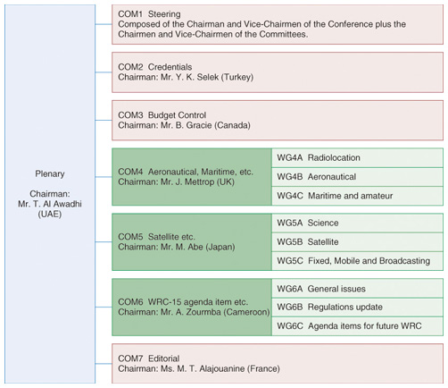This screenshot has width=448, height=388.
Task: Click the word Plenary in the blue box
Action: tap(50, 174)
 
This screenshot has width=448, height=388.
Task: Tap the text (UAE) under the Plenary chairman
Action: tap(50, 215)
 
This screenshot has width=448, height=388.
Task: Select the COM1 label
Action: tap(130, 14)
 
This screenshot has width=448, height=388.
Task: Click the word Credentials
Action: tap(170, 67)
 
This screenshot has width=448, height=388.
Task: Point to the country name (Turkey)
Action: tap(237, 77)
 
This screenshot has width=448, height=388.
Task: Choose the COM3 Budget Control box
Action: tap(278, 121)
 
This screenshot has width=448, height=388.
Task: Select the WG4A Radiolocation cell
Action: tap(357, 158)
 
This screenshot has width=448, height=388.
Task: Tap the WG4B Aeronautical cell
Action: tap(357, 177)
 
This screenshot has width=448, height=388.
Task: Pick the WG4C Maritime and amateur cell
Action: tap(357, 196)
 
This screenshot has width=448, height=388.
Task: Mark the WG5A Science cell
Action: tap(357, 223)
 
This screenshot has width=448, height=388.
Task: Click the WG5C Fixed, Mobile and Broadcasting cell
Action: tap(357, 261)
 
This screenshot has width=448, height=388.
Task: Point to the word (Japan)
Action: tap(220, 247)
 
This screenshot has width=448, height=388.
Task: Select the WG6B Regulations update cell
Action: tap(357, 308)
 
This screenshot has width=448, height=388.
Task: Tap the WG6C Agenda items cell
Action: tap(357, 326)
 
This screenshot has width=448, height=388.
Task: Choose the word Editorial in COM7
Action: tap(164, 358)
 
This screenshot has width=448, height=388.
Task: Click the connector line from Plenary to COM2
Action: tap(104, 72)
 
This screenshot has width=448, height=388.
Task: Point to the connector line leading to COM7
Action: tap(104, 364)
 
